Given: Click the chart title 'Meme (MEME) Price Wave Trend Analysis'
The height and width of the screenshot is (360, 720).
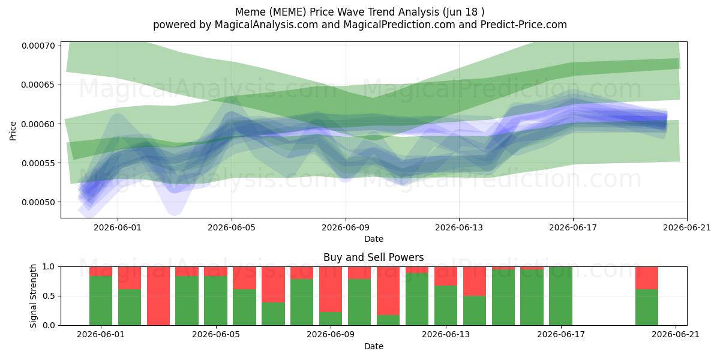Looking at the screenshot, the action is point(337,12).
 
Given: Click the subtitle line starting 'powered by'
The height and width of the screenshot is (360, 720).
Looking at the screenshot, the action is point(360,25).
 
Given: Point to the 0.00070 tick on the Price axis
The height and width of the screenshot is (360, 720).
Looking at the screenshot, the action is point(38,46).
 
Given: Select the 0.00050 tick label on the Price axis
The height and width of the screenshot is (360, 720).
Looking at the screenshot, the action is point(38,202).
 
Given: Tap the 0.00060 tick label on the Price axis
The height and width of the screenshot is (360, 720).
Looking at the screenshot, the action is point(38,124).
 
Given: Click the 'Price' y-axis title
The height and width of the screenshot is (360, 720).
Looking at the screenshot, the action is point(13,131).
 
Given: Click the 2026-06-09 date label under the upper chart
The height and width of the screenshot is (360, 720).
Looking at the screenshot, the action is point(346,227).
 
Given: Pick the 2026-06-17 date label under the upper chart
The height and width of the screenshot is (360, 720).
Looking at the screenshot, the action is point(573,227).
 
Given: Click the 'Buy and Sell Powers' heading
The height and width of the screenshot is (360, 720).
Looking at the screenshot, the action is point(373,257).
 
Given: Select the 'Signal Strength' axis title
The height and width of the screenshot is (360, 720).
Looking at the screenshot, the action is point(33,296).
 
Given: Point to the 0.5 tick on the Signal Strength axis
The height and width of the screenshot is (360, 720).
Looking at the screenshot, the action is point(49,296).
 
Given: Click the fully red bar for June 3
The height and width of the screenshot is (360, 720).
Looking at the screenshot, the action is point(158,296).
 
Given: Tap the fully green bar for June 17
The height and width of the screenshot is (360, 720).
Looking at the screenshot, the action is point(560,296).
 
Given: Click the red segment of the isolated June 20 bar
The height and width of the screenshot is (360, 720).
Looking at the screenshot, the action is point(647,278).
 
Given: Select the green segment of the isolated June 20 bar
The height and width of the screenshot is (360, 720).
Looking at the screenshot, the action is point(647,307).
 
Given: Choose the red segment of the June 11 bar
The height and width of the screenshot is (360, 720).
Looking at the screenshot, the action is point(388,291).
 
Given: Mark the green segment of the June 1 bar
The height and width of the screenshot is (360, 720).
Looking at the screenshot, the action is point(101,301).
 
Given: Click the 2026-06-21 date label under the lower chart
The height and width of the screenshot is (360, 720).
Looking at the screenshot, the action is point(676,335).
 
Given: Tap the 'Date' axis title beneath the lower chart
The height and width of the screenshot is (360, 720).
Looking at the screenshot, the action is point(373,346).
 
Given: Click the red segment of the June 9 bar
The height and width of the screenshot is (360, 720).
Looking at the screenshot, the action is point(331,290).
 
